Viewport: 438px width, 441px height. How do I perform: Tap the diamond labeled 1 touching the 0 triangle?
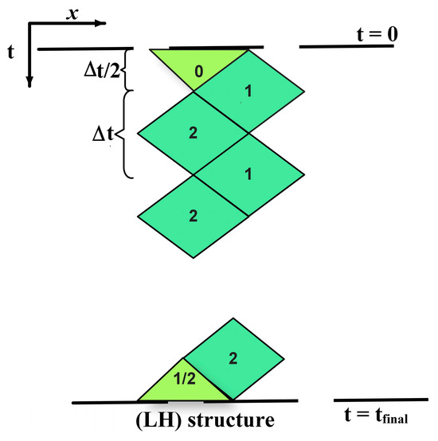pos(248,91)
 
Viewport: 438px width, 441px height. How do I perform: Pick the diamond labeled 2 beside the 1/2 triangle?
pos(233,358)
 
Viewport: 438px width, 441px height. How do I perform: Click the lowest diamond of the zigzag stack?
pos(193,217)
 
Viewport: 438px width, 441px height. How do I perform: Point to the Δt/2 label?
pos(102,70)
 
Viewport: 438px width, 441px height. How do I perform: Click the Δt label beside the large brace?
pos(103,134)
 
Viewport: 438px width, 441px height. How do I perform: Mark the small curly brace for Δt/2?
pos(126,69)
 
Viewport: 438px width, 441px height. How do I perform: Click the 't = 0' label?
pos(377,34)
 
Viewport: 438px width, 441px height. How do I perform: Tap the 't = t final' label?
pos(376,415)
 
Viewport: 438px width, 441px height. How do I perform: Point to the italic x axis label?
pos(72,14)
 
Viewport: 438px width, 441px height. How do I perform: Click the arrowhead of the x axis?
pos(100,23)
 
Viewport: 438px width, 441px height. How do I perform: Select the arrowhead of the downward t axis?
pos(29,82)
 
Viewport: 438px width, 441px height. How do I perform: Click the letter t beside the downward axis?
pos(10,52)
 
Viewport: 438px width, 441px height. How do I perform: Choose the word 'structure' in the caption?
pos(231,420)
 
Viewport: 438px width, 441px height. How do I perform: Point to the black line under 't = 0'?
pos(346,46)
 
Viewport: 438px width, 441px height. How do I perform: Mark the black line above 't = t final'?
pos(381,400)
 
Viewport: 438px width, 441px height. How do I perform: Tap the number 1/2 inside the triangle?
pos(185,379)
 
